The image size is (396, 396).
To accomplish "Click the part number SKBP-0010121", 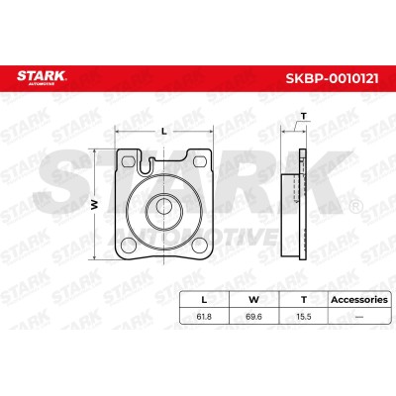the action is click(332, 78).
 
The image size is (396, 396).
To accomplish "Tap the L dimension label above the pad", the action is click(163, 131).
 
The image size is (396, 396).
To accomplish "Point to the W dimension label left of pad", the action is click(95, 205).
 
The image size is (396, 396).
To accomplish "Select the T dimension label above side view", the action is click(304, 116).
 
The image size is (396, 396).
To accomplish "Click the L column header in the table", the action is click(204, 300).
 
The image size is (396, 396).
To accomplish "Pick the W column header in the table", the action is click(253, 300).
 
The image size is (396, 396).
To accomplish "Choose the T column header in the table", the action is click(304, 300).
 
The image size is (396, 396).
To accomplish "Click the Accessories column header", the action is click(359, 300).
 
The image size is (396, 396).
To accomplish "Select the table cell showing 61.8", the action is click(204, 316).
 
